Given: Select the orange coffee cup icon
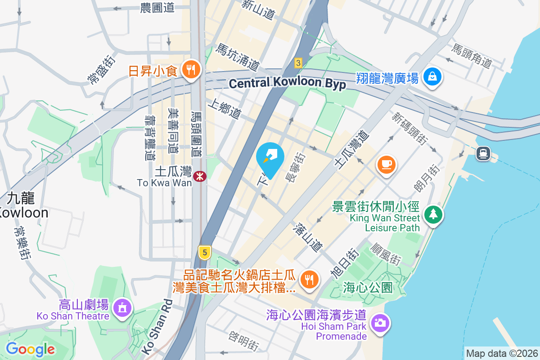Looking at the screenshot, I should tap(386, 165).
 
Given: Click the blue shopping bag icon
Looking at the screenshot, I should tap(432, 77).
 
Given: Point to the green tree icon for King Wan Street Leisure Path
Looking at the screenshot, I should tap(433, 214).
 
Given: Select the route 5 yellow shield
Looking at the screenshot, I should tap(204, 252).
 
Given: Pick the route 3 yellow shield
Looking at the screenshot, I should tap(297, 63).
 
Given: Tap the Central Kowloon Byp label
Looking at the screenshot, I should tap(287, 83).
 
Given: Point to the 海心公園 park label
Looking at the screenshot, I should tap(368, 287).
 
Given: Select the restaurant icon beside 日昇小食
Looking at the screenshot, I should tap(191, 70).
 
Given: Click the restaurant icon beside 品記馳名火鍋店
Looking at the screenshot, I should tap(308, 279).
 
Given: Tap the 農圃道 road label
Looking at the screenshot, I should tap(157, 8).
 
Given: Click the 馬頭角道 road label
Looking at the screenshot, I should tap(472, 56).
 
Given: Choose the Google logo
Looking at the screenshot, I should tap(30, 349).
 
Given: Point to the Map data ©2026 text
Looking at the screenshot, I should tap(501, 353).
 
